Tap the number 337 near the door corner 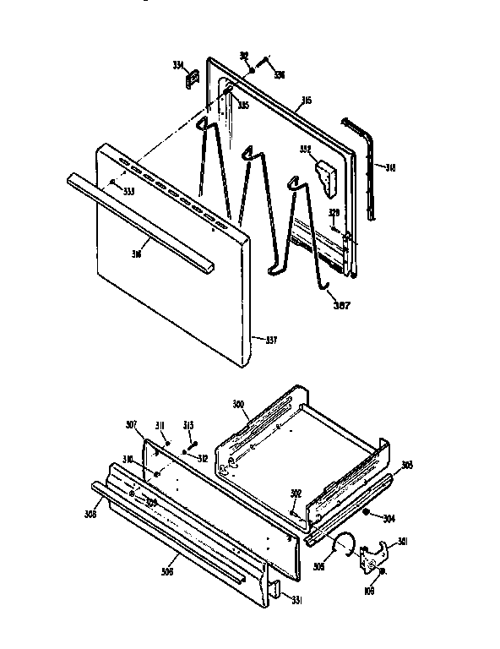click(x=270, y=341)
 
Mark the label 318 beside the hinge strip click(x=389, y=167)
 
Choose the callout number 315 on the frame click(x=306, y=101)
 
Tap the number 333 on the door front click(x=128, y=192)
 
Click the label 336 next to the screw click(x=278, y=75)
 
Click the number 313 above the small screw click(x=188, y=424)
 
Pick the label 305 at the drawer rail click(x=407, y=465)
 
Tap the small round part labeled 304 click(x=366, y=512)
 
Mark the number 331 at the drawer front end click(x=296, y=601)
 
